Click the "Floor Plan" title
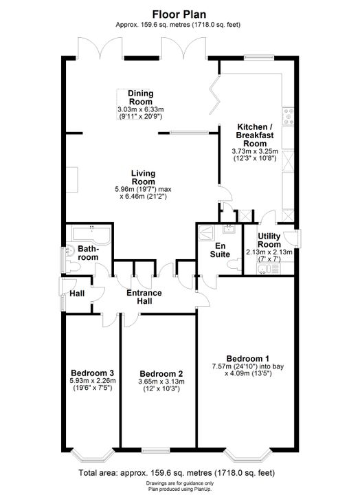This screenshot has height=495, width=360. [x=179, y=14]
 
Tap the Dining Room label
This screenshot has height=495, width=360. [x=141, y=98]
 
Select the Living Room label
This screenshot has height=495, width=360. [x=143, y=177]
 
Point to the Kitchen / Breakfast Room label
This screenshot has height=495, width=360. [x=255, y=135]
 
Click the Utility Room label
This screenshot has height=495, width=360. [x=269, y=241]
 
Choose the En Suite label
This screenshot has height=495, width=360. [x=220, y=250]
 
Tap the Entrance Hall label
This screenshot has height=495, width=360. [x=144, y=297]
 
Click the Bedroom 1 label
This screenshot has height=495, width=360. [x=248, y=359]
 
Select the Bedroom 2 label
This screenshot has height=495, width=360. [x=161, y=374]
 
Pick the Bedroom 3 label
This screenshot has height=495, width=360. [x=93, y=373]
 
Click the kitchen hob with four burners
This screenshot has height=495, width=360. [x=288, y=116]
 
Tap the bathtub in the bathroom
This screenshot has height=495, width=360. [x=91, y=235]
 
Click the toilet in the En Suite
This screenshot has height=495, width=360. [x=234, y=264]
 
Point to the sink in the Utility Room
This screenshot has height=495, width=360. [x=264, y=269]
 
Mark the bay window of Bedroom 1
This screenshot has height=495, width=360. [x=248, y=455]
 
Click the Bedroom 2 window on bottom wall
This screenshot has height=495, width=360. [x=155, y=450]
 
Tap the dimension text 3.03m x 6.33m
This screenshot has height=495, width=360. [x=141, y=109]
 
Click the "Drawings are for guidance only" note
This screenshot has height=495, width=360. [x=179, y=483]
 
